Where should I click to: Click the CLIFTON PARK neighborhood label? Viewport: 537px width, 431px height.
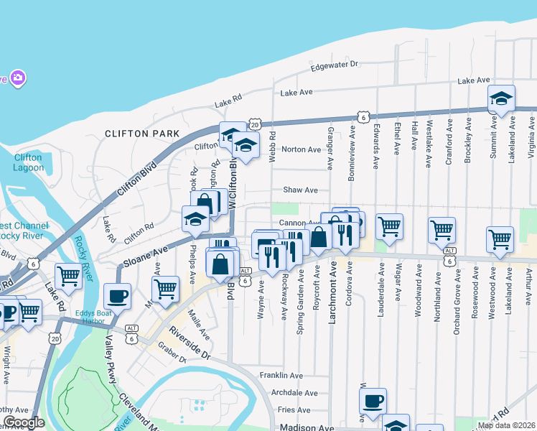coord(141,134)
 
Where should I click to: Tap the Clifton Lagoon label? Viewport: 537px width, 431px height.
coord(29,162)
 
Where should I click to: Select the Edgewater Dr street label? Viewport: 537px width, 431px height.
coord(334,65)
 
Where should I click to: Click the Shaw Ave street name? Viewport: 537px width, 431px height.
coord(300,190)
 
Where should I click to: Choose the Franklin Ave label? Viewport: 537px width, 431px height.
coord(281,376)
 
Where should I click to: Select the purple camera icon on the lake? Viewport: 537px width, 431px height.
coord(18,77)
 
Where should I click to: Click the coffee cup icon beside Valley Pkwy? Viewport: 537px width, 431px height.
coord(117,295)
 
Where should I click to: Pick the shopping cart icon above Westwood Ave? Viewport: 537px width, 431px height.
coord(500,239)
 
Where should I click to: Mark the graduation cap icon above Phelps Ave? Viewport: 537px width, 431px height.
coord(195,219)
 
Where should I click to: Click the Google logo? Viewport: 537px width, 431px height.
coord(23,422)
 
